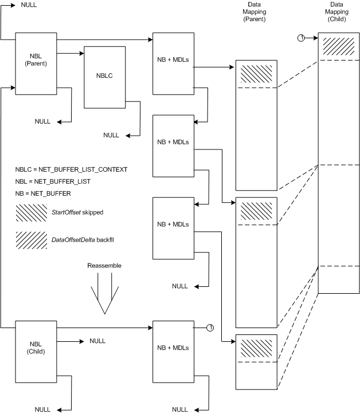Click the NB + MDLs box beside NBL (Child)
coord(173,348)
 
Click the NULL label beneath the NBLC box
coord(111,135)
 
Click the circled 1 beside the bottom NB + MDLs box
coord(210,328)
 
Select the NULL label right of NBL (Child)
coord(97,340)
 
